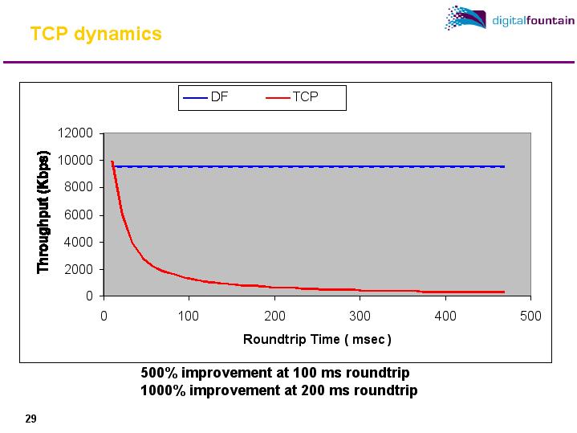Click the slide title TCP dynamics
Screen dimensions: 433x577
pos(95,34)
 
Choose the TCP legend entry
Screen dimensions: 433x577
pos(294,98)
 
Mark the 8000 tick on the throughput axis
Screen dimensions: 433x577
pos(80,187)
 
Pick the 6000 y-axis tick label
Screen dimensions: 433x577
pos(80,214)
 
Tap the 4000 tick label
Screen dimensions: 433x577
pos(80,242)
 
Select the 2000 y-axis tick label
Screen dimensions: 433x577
pos(80,269)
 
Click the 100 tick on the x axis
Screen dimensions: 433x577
pos(189,316)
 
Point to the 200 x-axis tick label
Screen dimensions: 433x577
pos(274,316)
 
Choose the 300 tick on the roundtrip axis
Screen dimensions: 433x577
pos(360,316)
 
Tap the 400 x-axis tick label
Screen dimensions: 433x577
pos(445,316)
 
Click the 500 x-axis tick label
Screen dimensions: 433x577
pos(530,316)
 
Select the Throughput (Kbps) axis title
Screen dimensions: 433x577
pos(44,212)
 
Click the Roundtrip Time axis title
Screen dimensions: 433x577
pos(317,339)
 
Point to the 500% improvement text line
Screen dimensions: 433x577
pos(275,374)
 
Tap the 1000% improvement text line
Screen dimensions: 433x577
pos(278,390)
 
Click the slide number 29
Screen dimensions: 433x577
pos(31,419)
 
